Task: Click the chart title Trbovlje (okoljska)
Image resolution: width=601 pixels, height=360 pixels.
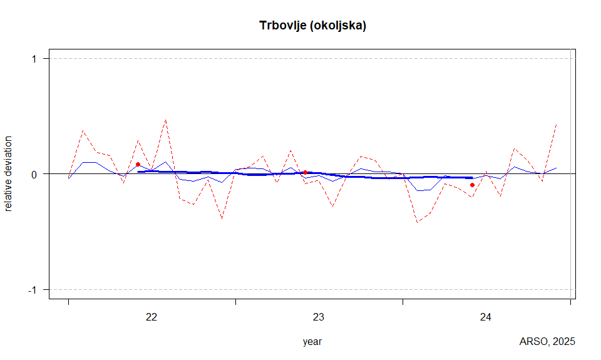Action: (x=312, y=26)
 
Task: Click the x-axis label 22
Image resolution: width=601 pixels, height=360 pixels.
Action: (x=152, y=317)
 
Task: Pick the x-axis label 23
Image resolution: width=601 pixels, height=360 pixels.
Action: (x=319, y=317)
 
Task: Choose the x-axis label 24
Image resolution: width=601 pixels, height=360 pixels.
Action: (x=486, y=317)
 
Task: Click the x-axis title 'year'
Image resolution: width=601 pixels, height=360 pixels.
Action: (x=312, y=342)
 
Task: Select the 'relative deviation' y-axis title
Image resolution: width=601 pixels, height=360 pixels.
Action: (x=9, y=173)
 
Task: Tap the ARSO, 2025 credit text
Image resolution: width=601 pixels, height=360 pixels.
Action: (x=547, y=342)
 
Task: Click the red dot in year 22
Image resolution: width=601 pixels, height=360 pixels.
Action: (x=138, y=164)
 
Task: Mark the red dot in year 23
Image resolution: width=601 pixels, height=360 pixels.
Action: (x=305, y=172)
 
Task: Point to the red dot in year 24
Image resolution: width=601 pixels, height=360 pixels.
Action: (x=472, y=185)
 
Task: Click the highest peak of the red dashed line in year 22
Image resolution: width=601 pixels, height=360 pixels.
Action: (x=165, y=119)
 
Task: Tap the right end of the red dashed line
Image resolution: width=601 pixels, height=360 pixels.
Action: (x=557, y=124)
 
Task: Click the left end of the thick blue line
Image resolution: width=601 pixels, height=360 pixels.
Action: (x=138, y=171)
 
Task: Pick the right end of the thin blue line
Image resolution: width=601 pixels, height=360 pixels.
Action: (x=557, y=168)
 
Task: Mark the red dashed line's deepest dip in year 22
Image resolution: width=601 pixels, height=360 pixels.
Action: (x=222, y=219)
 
